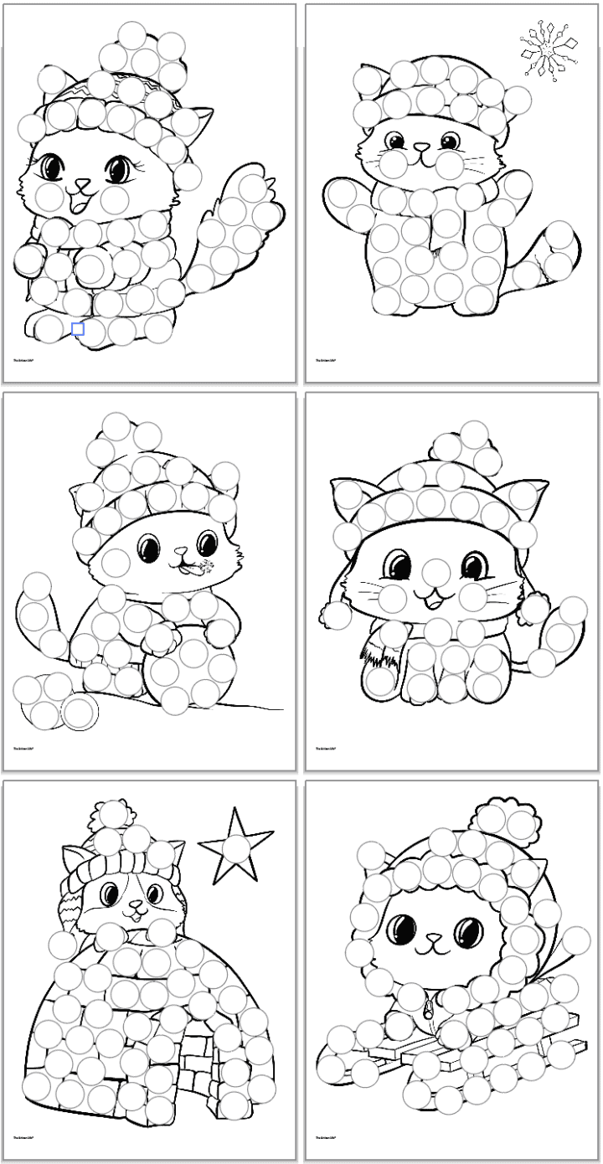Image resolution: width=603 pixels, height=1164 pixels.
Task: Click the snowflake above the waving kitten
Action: (549, 50)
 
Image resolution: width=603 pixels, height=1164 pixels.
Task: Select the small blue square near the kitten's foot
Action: (78, 329)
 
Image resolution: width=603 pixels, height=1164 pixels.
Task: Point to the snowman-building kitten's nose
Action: (178, 552)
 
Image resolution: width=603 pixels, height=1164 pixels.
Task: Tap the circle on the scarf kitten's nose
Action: (434, 571)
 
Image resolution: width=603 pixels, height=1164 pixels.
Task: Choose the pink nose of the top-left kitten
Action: (82, 183)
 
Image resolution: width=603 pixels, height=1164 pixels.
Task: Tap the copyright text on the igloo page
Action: (26, 1139)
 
